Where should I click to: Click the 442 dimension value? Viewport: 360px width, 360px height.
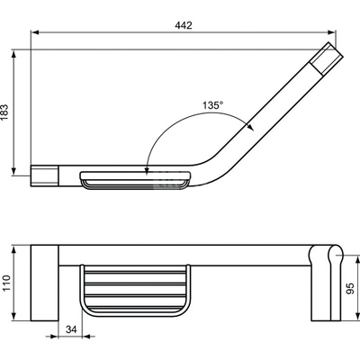[x=184, y=25]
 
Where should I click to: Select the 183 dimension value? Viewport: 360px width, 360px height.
[x=5, y=112]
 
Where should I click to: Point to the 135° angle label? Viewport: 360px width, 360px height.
[x=212, y=105]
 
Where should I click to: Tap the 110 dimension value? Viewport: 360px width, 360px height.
[x=6, y=283]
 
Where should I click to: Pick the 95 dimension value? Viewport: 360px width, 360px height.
[x=350, y=288]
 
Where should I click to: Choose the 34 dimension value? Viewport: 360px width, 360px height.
[x=71, y=329]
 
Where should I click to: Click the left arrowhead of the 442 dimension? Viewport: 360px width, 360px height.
[x=35, y=32]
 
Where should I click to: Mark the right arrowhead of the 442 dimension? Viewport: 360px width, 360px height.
[x=331, y=32]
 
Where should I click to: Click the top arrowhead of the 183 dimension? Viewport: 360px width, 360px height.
[x=13, y=54]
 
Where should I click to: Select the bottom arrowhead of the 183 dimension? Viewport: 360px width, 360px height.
[x=13, y=171]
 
